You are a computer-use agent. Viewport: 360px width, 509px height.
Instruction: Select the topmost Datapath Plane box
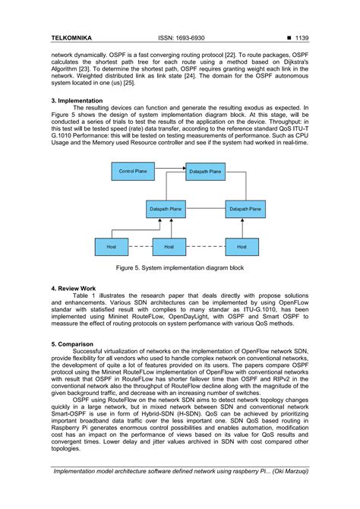[205, 172]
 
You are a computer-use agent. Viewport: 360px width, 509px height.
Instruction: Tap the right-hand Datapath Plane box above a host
[245, 208]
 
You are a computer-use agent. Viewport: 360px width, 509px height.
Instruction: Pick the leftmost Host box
[112, 246]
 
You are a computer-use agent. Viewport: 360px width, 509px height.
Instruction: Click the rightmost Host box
[242, 246]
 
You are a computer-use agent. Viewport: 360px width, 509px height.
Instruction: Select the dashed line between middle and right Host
[204, 246]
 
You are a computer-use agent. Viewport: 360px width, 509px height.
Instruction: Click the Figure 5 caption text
[179, 268]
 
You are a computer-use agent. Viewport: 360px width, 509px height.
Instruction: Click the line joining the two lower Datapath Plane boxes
[205, 208]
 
